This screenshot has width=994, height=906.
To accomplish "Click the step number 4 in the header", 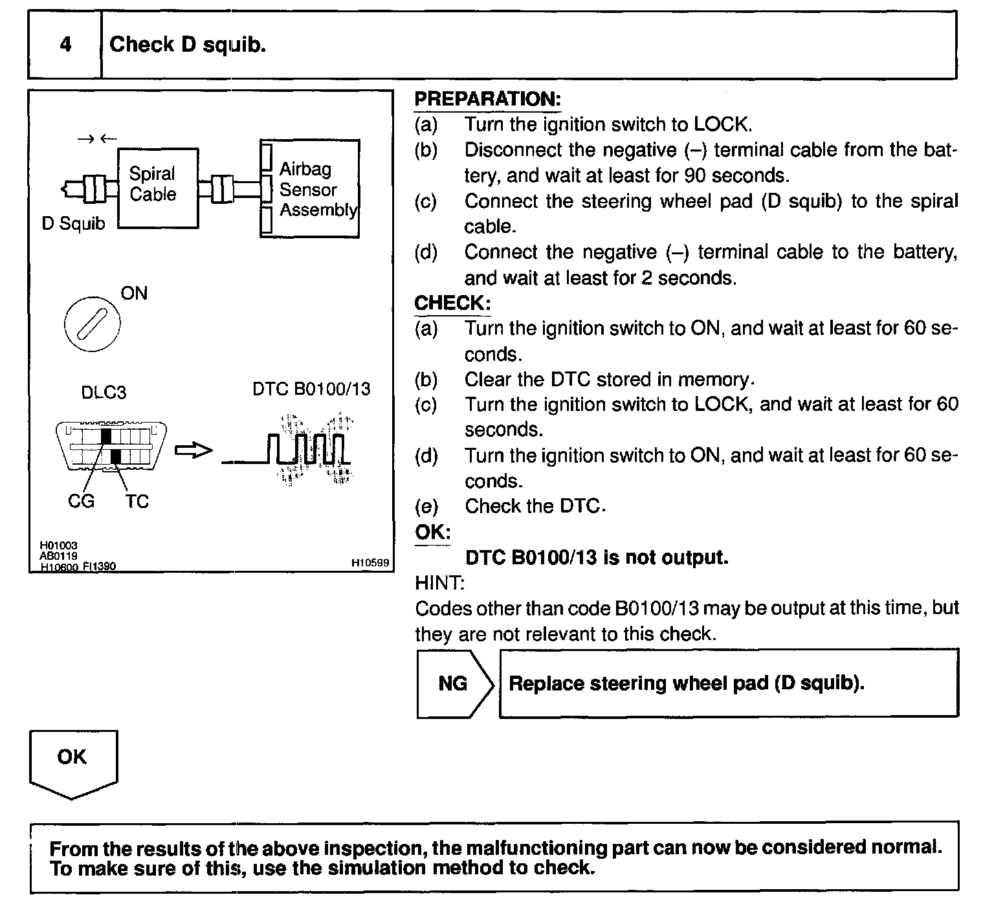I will coord(65,45).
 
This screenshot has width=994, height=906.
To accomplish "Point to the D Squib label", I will coord(73,224).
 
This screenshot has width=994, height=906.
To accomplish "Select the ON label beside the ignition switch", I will coord(134,293).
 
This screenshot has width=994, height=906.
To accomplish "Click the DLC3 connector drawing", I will coord(111,447).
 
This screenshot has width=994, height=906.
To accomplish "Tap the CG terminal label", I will coord(81,501).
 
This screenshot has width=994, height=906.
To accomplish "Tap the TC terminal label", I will coord(137,501).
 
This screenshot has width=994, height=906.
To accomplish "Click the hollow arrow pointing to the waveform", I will coord(193,450).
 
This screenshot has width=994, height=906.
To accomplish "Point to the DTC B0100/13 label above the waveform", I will coord(311,389).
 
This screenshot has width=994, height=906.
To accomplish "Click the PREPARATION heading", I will coord(487,99).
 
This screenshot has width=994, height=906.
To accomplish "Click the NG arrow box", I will coord(455,683).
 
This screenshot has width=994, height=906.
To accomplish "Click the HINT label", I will coord(439,582).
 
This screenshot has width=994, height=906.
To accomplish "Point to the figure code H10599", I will coord(370,564).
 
